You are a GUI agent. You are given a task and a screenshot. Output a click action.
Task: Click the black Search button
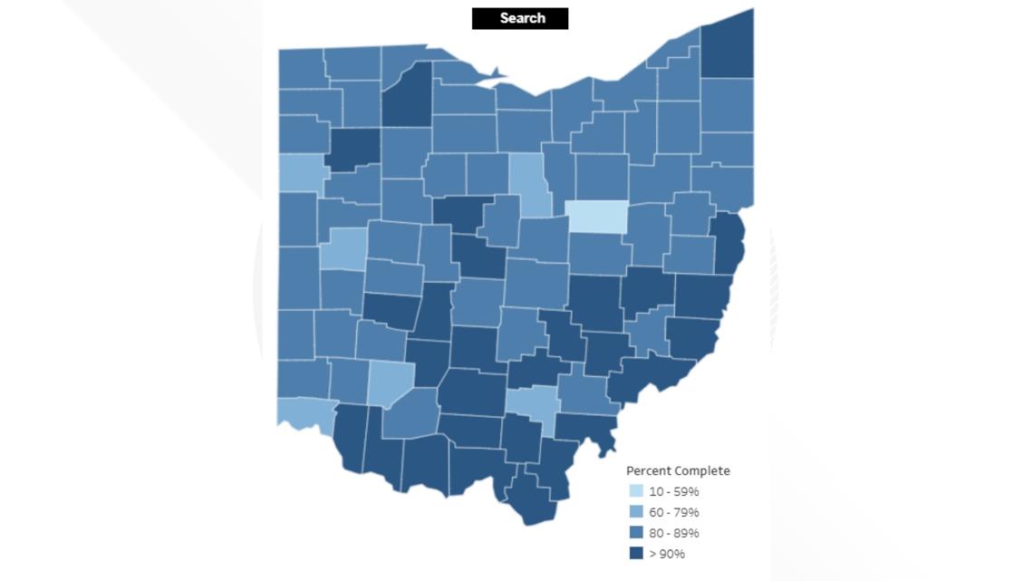[x=520, y=18]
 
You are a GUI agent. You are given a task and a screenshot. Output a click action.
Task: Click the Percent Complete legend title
[x=678, y=470]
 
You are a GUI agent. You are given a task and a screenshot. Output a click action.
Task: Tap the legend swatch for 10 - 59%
[x=637, y=491]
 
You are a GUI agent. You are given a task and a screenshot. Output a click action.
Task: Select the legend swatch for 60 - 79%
[x=637, y=512]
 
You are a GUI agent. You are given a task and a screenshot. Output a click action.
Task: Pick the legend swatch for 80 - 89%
[x=637, y=533]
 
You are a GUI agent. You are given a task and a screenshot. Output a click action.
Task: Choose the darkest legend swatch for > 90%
[x=637, y=554]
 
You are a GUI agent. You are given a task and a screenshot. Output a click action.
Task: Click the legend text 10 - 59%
[x=673, y=491]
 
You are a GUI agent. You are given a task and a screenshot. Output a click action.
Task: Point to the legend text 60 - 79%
[x=673, y=512]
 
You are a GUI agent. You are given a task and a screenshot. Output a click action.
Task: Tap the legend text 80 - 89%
[x=673, y=533]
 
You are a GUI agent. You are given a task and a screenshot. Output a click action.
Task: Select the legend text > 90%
[x=667, y=554]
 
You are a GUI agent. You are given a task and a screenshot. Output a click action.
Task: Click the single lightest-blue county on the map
[x=597, y=217]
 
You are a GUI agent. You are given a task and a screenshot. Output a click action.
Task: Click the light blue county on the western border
[x=296, y=172]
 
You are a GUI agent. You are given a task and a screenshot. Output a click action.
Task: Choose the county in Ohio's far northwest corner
[x=300, y=68]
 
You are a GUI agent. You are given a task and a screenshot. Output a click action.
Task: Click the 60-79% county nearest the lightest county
[x=530, y=181]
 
